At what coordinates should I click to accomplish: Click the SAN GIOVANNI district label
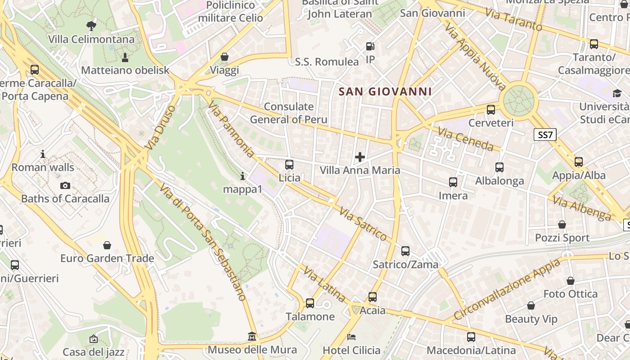385,92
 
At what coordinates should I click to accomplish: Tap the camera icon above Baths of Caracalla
65,185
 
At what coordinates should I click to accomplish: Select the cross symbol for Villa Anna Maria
360,157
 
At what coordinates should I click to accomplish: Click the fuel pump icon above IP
370,46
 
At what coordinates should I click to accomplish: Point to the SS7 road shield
545,135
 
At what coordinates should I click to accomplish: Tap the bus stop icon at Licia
289,165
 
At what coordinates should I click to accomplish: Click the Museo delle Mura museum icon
252,337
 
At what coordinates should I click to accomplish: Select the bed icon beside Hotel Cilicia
351,337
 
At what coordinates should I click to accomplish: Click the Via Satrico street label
363,224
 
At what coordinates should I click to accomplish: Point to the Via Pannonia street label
231,129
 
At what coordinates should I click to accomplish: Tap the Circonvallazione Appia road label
507,289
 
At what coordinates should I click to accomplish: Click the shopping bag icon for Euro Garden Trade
107,245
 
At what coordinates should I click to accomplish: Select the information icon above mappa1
243,176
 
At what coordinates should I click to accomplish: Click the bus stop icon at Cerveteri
491,109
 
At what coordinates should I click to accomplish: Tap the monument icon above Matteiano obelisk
125,57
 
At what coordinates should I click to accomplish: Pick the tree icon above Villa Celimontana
91,26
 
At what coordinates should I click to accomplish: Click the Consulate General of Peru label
288,113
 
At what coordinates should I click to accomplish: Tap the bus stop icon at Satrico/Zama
405,251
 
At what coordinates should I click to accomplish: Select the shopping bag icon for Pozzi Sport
562,225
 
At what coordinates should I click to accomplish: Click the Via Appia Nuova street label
475,57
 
